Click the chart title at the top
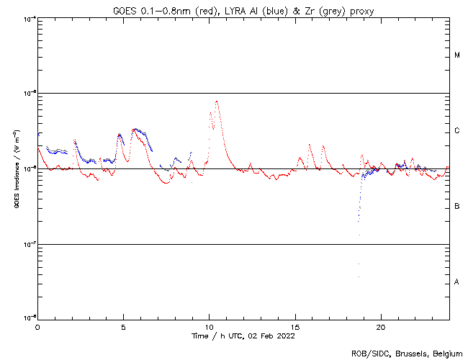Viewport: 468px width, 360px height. [243, 9]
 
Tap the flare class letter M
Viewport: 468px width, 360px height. [457, 55]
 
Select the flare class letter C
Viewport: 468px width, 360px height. [457, 131]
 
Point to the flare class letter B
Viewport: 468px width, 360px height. [457, 207]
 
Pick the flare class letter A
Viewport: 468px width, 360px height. [457, 282]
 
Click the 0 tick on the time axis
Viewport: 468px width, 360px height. [37, 326]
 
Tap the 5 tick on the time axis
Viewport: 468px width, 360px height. [123, 326]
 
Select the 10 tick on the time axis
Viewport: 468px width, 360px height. [209, 326]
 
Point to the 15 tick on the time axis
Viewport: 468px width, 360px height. [295, 326]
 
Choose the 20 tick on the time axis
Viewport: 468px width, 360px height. [381, 326]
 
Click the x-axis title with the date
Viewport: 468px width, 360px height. [243, 336]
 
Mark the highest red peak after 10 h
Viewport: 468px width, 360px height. [217, 101]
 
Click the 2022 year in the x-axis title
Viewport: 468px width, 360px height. [286, 336]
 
